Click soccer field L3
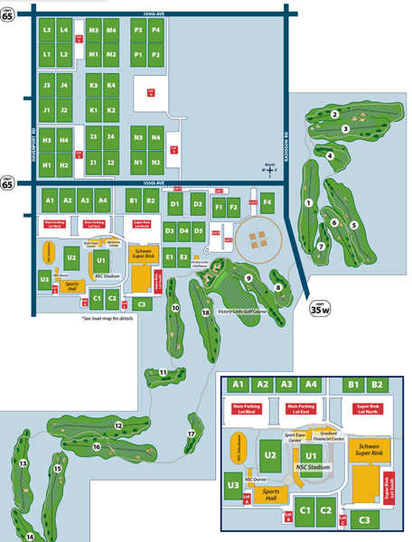click(x=46, y=31)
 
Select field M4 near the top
click(x=111, y=31)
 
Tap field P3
click(x=138, y=31)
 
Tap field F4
click(x=267, y=201)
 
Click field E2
click(x=184, y=258)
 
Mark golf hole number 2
click(x=334, y=115)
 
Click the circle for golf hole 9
click(x=247, y=278)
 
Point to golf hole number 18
click(x=206, y=313)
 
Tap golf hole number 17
click(x=191, y=434)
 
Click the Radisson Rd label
click(x=286, y=135)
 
